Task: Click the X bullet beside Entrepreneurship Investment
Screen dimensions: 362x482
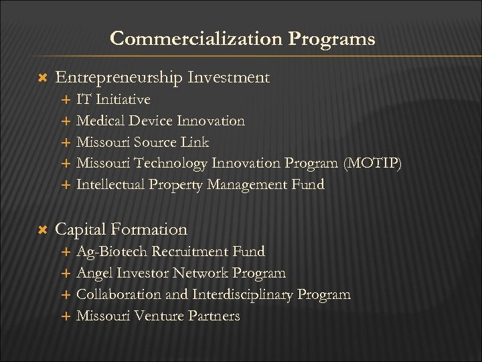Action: coord(39,78)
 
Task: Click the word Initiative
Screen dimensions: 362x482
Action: coord(123,100)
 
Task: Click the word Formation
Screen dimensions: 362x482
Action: coord(151,229)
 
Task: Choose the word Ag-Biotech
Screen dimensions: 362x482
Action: coord(112,251)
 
